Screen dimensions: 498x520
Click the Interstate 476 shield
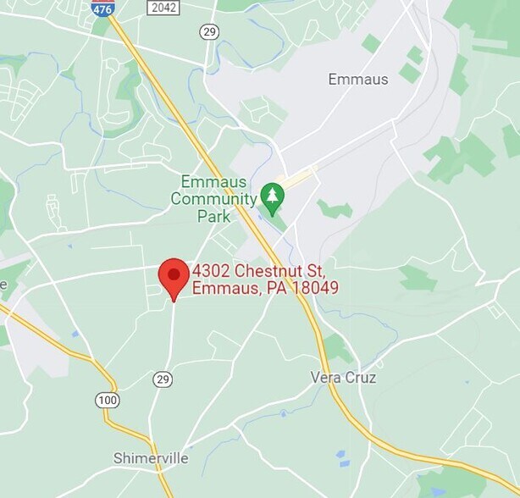(103, 8)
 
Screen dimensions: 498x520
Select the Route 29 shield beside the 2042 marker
(209, 31)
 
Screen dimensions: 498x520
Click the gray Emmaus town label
(358, 80)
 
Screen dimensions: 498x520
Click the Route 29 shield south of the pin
(163, 379)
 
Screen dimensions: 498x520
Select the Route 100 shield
(108, 399)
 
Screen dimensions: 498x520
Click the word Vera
(326, 377)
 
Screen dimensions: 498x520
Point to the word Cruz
(360, 377)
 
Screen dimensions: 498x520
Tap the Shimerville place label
(151, 458)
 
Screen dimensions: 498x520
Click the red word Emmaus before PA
(224, 288)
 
